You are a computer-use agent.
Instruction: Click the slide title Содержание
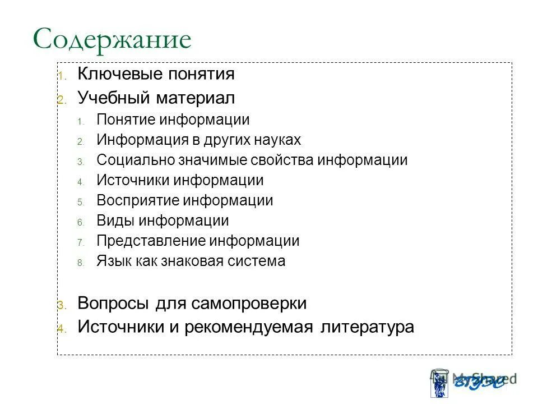tap(112, 40)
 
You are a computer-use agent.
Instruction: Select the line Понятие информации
tap(173, 120)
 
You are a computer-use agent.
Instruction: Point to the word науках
tap(276, 140)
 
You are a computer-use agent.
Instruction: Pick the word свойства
tap(285, 160)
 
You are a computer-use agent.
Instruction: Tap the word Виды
tap(114, 221)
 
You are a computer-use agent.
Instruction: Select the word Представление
tap(151, 241)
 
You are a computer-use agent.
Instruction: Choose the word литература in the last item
tap(367, 327)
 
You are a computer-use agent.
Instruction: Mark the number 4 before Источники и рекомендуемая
tap(61, 329)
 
